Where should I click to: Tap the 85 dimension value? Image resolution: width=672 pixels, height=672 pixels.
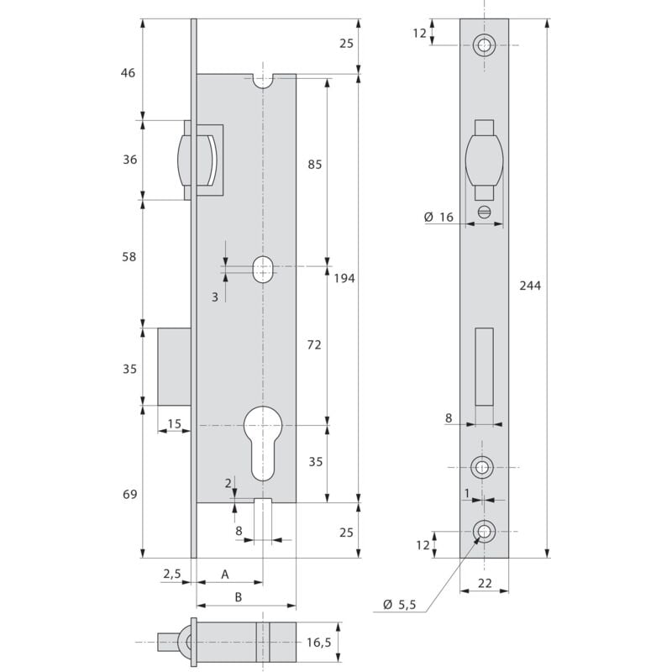[315, 165]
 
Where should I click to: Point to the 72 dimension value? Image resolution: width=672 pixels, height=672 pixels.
[315, 345]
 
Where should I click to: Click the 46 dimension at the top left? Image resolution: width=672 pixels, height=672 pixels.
[128, 73]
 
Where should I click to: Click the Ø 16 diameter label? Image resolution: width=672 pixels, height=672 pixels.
[438, 218]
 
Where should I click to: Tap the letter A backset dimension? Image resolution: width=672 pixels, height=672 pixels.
[224, 574]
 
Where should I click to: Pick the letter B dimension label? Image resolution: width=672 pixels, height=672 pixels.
[239, 597]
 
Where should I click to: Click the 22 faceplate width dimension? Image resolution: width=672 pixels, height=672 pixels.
[484, 582]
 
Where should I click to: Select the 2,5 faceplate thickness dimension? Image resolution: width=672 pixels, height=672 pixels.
[171, 574]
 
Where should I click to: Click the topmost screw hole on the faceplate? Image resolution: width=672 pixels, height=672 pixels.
[484, 45]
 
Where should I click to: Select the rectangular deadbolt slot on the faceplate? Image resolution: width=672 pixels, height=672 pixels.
[484, 365]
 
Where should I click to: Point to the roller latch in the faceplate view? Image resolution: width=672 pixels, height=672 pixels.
[484, 161]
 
